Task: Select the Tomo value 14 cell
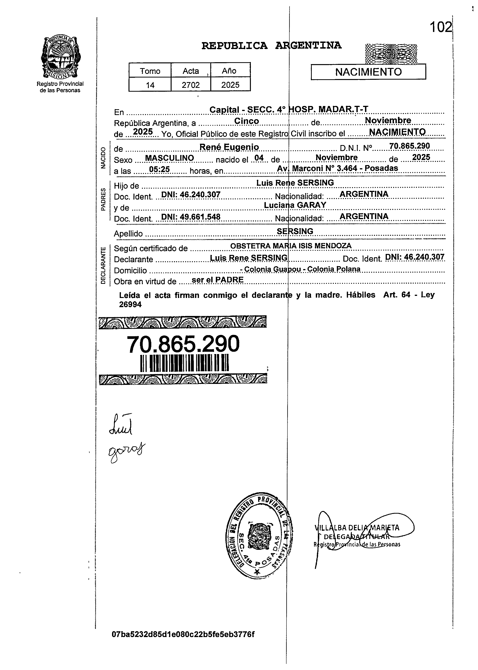coord(150,85)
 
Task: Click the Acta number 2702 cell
coord(191,85)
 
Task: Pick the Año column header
coord(229,71)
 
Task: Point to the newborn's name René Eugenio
coord(229,147)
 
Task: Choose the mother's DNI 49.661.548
coord(191,217)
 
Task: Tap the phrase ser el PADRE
coord(218,280)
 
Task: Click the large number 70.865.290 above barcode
coord(183,344)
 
